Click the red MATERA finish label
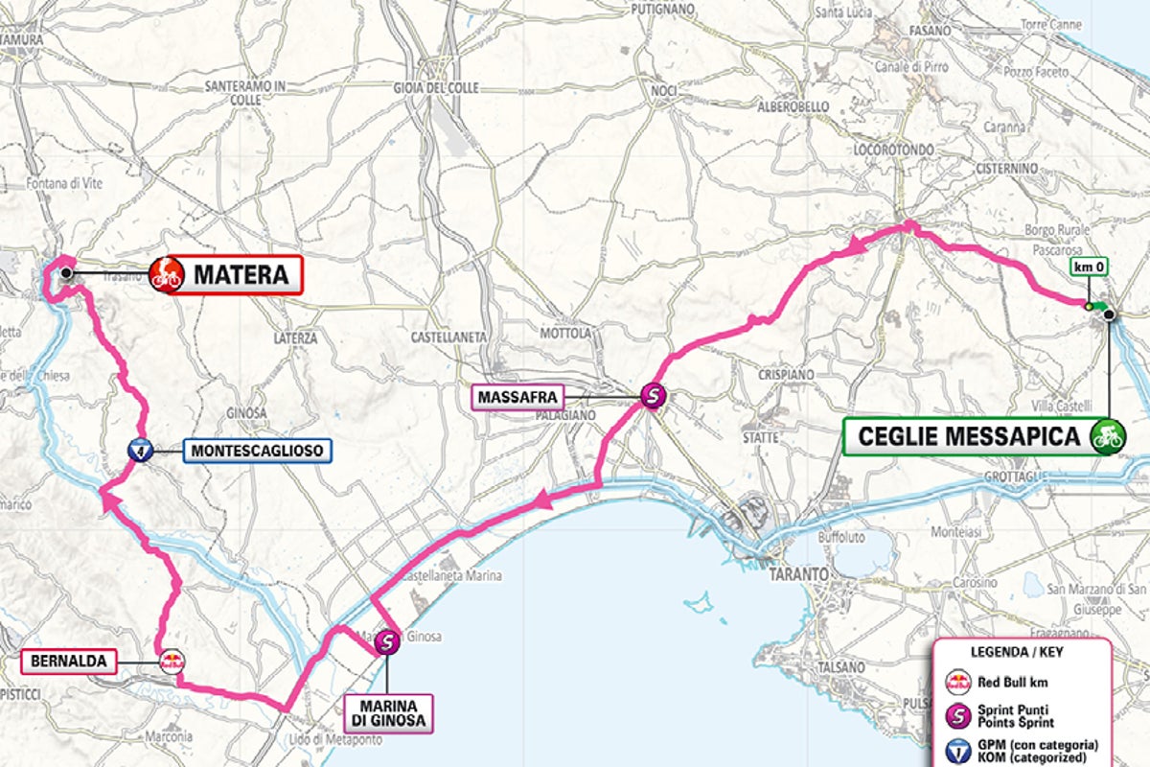241,275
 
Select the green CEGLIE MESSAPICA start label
967,436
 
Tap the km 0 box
1089,267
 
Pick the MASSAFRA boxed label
514,395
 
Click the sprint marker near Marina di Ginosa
387,642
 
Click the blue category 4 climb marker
140,449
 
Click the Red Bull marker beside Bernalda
172,660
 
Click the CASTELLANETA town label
448,337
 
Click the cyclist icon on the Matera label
167,275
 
